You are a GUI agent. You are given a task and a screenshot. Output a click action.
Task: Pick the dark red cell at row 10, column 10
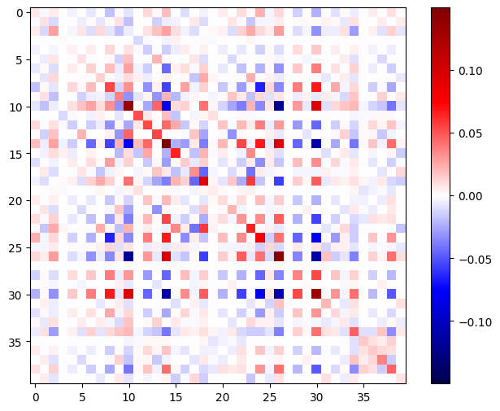tap(128, 106)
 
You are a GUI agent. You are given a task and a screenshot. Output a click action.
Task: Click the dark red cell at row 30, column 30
tap(315, 294)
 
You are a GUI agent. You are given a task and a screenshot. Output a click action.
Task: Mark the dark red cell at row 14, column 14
tap(166, 143)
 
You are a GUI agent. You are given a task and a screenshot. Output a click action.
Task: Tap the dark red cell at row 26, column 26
tap(278, 256)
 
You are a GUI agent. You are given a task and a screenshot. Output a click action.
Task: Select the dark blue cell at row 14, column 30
tap(315, 143)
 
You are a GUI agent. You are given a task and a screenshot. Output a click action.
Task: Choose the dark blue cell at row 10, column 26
tap(278, 106)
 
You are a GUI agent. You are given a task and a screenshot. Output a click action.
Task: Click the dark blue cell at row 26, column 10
tap(128, 256)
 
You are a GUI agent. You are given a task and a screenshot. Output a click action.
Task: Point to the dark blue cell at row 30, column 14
tap(166, 294)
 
